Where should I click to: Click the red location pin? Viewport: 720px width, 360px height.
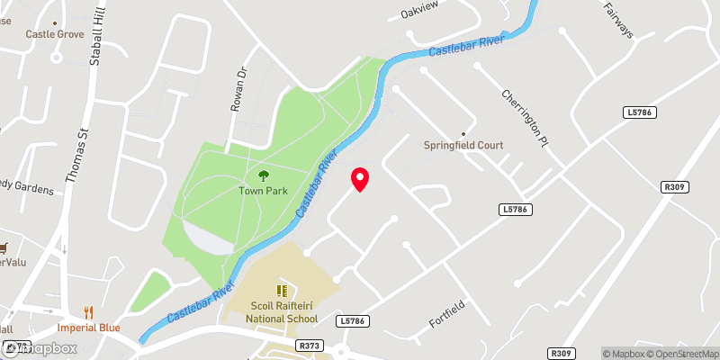click(360, 179)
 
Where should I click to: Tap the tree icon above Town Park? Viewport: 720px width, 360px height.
click(264, 175)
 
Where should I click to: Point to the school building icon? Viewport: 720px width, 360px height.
click(281, 291)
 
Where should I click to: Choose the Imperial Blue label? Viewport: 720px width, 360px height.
click(89, 328)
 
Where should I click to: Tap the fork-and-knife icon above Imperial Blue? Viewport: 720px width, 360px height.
click(88, 312)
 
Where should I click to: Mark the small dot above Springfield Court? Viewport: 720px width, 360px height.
click(464, 132)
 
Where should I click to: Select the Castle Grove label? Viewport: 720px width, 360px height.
click(55, 34)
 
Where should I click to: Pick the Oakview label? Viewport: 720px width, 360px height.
click(418, 14)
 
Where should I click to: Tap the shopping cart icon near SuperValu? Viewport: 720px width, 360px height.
click(4, 247)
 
